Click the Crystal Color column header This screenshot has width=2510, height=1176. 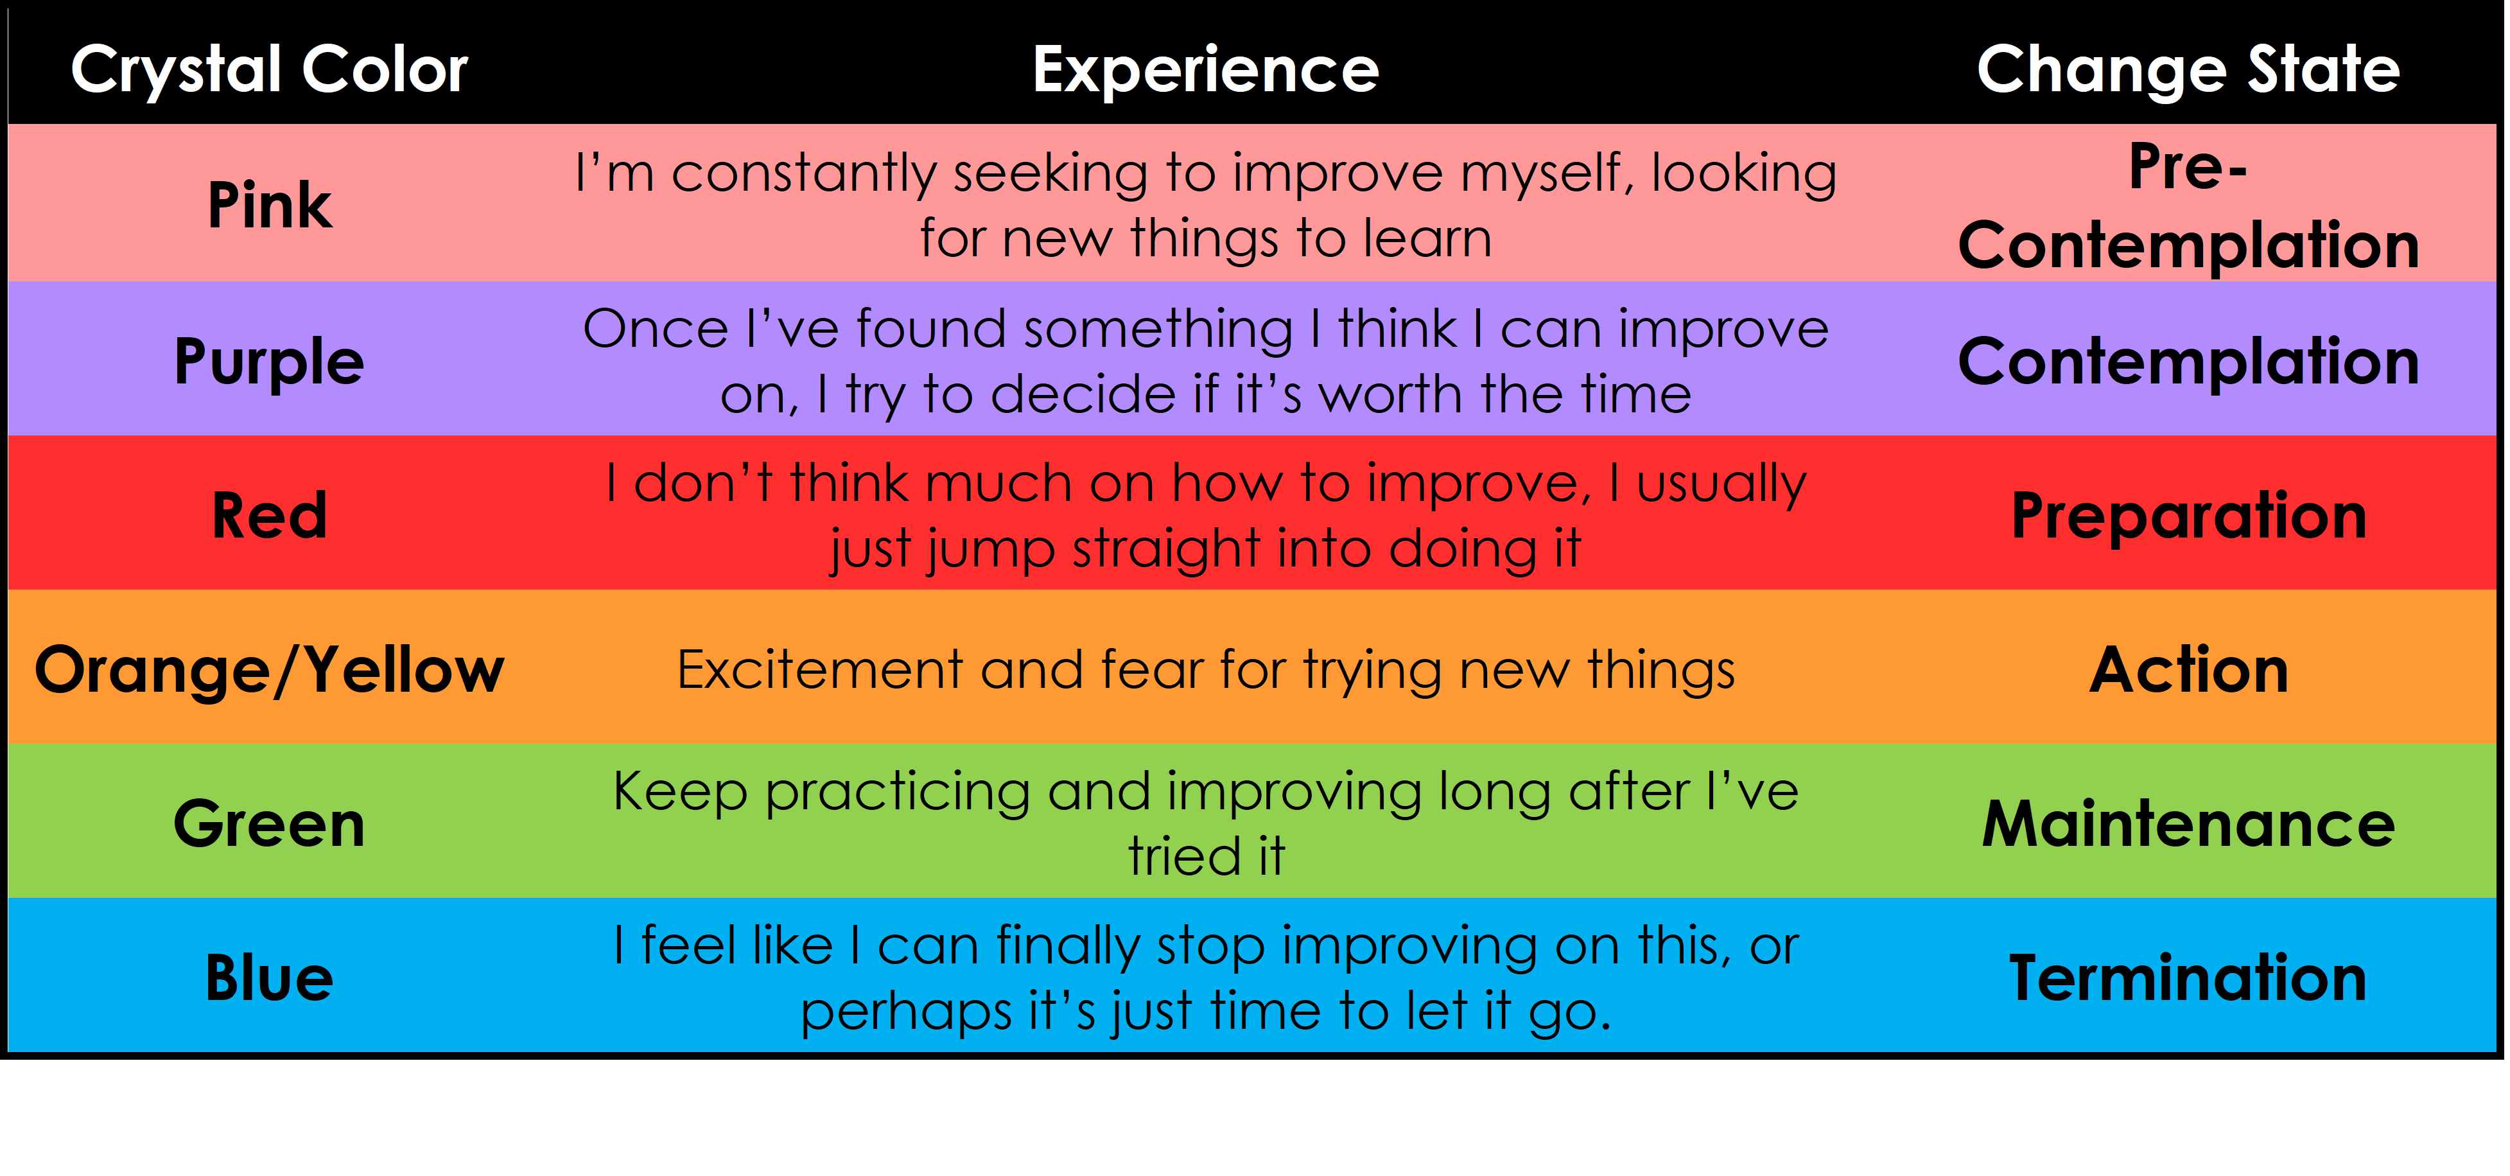pyautogui.click(x=270, y=70)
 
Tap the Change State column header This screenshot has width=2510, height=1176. pyautogui.click(x=2188, y=70)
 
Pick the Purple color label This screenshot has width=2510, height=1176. pyautogui.click(x=269, y=362)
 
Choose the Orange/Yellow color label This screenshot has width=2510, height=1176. pyautogui.click(x=270, y=671)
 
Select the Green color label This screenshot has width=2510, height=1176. pyautogui.click(x=270, y=823)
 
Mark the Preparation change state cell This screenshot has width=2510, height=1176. pyautogui.click(x=2188, y=516)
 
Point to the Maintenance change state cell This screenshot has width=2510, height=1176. pyautogui.click(x=2188, y=823)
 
